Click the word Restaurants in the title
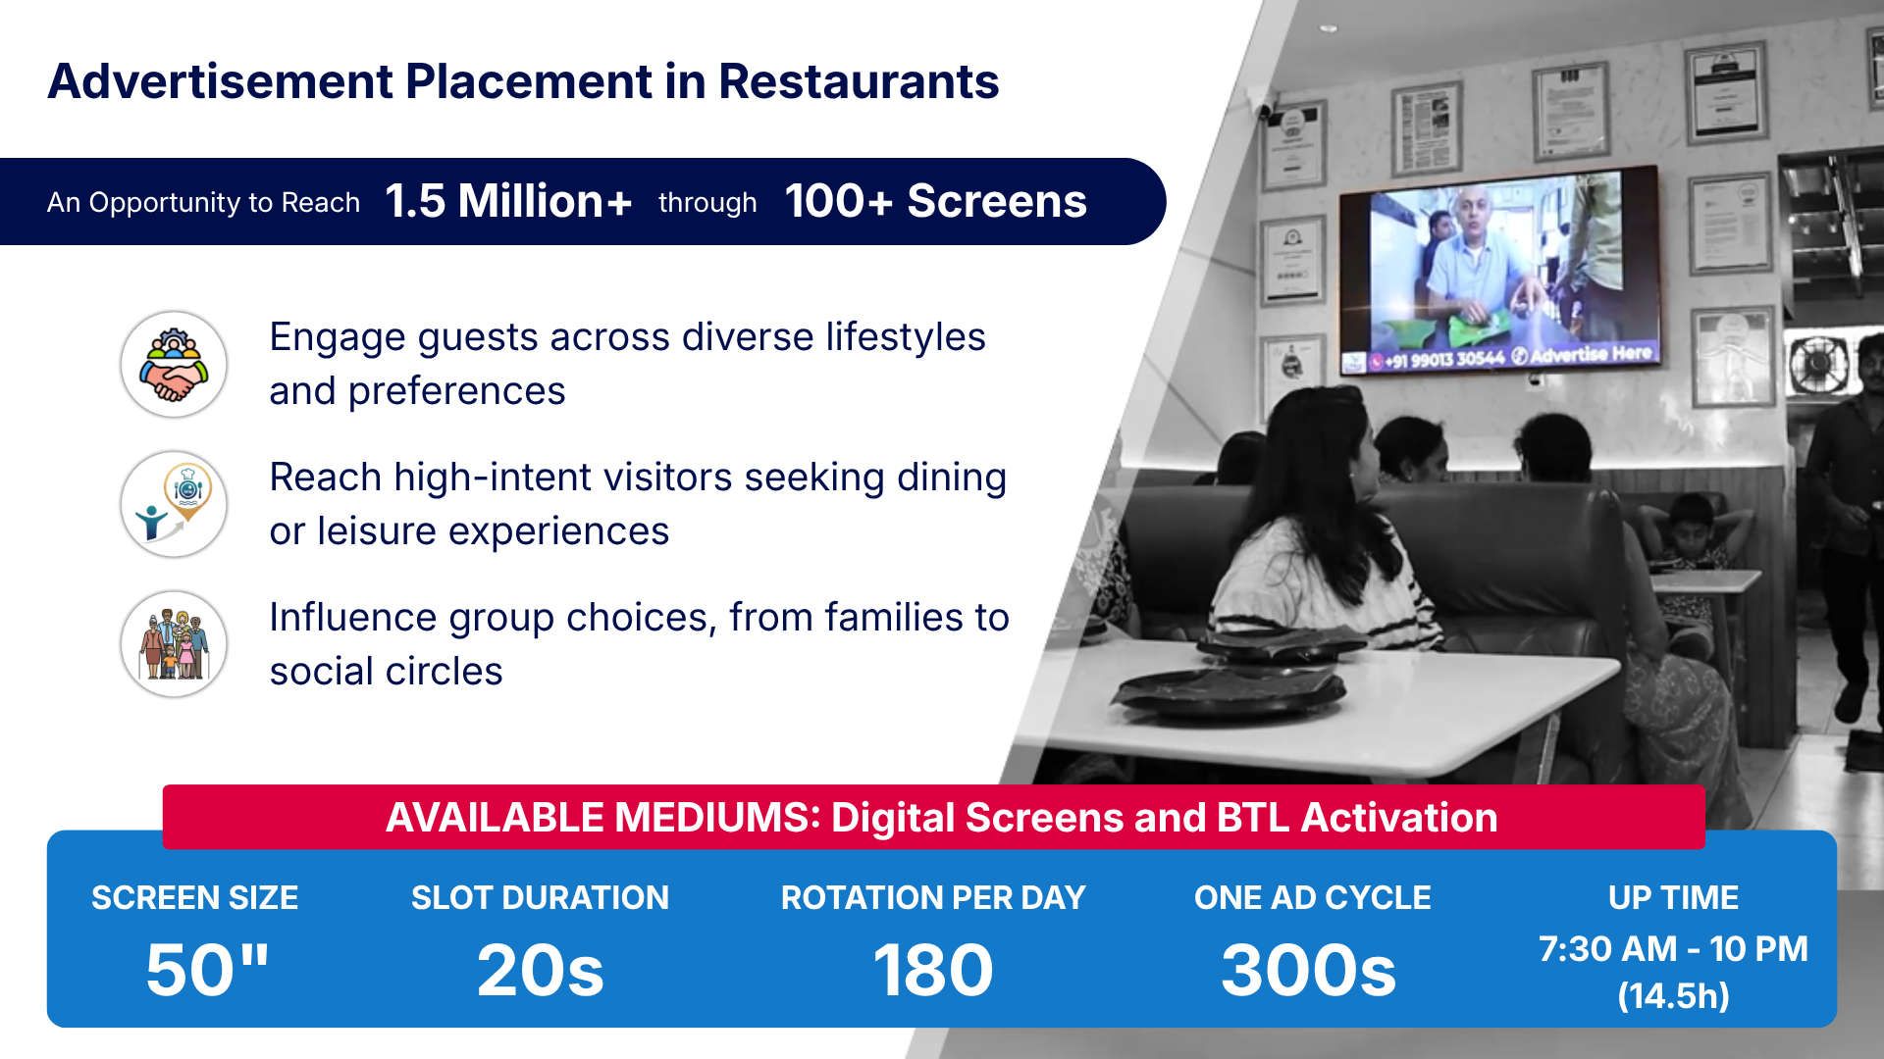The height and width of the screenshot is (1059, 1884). [859, 81]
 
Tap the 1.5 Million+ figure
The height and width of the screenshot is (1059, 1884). [508, 201]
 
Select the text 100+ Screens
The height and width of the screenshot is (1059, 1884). [936, 201]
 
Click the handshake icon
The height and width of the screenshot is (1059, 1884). [174, 365]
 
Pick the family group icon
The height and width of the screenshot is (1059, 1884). [174, 644]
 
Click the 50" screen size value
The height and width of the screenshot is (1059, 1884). [207, 970]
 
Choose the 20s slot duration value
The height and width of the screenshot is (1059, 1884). [540, 970]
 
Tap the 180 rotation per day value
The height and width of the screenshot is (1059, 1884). [933, 970]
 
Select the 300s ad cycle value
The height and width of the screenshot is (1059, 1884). [1309, 970]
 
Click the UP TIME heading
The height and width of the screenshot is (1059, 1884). [1673, 897]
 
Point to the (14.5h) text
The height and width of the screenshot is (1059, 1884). [1673, 996]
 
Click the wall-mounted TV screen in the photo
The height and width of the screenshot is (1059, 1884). [1499, 270]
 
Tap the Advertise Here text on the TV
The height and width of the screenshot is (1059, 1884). [1591, 353]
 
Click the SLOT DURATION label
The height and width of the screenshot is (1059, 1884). [540, 897]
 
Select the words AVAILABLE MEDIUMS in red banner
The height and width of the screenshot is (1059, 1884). [603, 818]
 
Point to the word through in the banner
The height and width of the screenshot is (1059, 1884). [707, 203]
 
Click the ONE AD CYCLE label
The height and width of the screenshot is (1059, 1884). [1313, 897]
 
